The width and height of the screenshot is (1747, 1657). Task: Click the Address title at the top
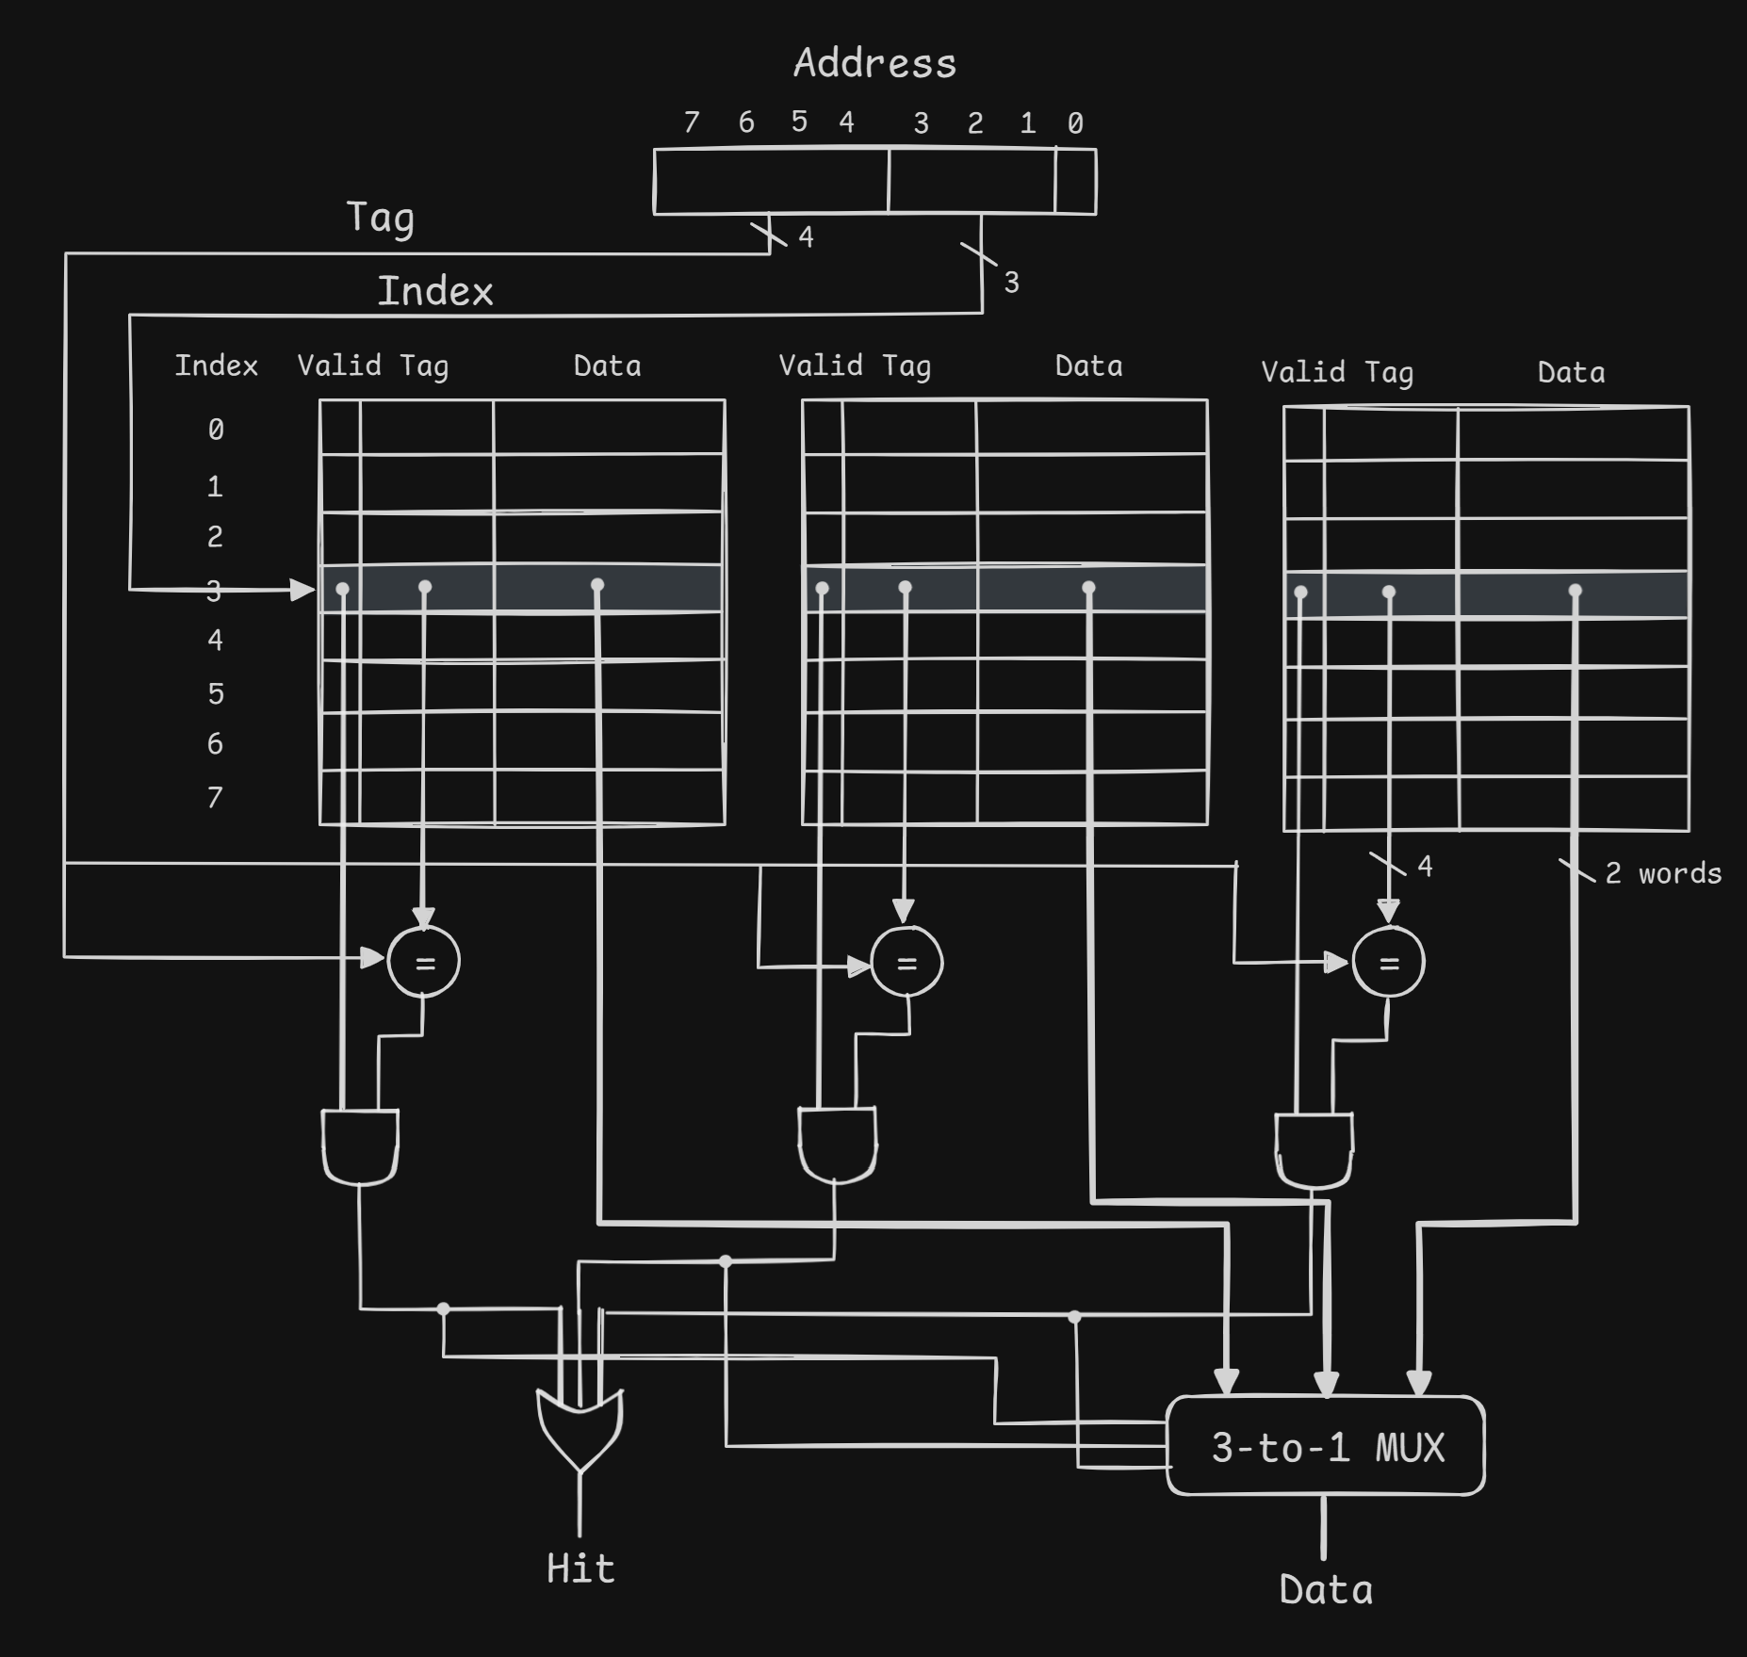[874, 64]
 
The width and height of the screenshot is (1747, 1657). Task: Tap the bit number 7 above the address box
[692, 122]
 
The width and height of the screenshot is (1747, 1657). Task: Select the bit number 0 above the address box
[1075, 123]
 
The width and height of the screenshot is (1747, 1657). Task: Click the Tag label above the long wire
[380, 218]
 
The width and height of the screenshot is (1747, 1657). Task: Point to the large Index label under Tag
[435, 291]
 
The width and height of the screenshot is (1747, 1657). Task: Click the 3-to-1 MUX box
[1326, 1446]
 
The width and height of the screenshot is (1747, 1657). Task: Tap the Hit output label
[580, 1568]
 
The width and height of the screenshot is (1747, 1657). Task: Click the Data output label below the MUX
[1326, 1590]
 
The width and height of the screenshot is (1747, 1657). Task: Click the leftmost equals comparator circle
[424, 962]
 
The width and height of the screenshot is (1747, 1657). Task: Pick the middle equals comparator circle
[906, 962]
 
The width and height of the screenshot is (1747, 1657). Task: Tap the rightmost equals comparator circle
[1389, 962]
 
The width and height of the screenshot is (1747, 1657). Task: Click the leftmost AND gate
[360, 1145]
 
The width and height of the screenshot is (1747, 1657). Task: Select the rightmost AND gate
[1314, 1149]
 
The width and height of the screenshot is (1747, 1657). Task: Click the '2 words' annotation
[1663, 873]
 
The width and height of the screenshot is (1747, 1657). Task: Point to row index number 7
[215, 798]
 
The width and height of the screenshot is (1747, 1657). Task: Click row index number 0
[216, 430]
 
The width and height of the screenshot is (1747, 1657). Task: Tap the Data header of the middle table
[1088, 366]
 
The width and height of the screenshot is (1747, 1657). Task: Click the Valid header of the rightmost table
[1303, 372]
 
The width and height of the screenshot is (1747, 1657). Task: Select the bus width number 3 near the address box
[1011, 282]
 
